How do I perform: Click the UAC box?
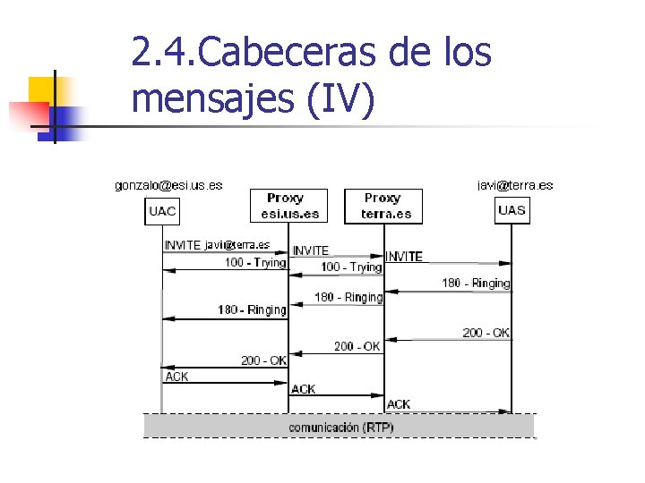pyautogui.click(x=162, y=211)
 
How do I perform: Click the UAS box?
pyautogui.click(x=512, y=210)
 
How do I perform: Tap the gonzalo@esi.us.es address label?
pyautogui.click(x=168, y=185)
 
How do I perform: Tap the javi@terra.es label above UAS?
pyautogui.click(x=515, y=185)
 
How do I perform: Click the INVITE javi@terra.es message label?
pyautogui.click(x=216, y=245)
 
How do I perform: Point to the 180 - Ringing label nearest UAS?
pyautogui.click(x=476, y=283)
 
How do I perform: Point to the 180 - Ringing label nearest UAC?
pyautogui.click(x=252, y=309)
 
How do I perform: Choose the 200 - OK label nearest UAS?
pyautogui.click(x=486, y=333)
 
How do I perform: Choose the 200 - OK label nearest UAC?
pyautogui.click(x=263, y=360)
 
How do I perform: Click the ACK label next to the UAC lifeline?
pyautogui.click(x=176, y=377)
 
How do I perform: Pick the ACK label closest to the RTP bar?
pyautogui.click(x=399, y=404)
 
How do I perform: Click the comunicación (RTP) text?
pyautogui.click(x=340, y=428)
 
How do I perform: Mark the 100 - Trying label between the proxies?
pyautogui.click(x=351, y=267)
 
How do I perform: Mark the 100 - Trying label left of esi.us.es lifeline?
pyautogui.click(x=254, y=262)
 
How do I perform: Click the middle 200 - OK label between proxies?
pyautogui.click(x=357, y=346)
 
